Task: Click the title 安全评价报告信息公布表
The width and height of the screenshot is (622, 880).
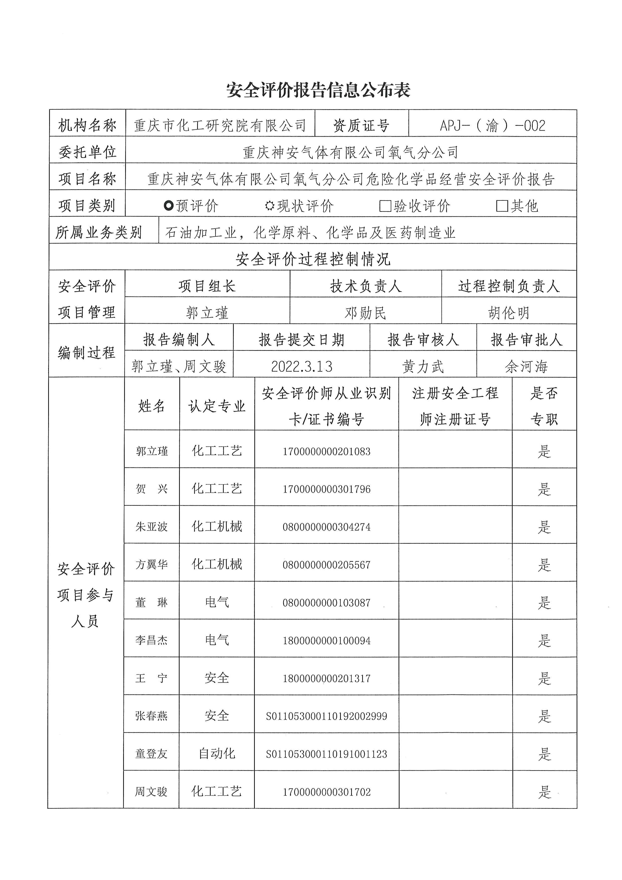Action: pyautogui.click(x=318, y=90)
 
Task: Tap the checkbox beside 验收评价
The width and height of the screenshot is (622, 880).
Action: pyautogui.click(x=384, y=206)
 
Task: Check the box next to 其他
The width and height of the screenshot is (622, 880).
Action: pyautogui.click(x=502, y=206)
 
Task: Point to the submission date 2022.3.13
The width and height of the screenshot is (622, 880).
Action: pyautogui.click(x=301, y=366)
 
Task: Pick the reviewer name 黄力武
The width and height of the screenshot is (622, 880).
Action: pyautogui.click(x=423, y=366)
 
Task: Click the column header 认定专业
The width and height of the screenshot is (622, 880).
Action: pyautogui.click(x=217, y=406)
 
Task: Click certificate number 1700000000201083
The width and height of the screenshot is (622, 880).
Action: pyautogui.click(x=326, y=451)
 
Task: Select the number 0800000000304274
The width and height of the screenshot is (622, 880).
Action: pyautogui.click(x=326, y=527)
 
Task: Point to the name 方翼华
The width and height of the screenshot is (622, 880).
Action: pyautogui.click(x=152, y=565)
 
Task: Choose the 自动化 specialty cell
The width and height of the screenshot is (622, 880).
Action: pyautogui.click(x=217, y=754)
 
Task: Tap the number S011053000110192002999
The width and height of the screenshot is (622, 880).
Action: pyautogui.click(x=326, y=716)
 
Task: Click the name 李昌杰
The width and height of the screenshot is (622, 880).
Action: pyautogui.click(x=152, y=640)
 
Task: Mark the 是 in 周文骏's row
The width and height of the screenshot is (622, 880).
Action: pyautogui.click(x=544, y=792)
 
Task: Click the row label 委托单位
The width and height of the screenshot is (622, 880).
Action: pyautogui.click(x=87, y=152)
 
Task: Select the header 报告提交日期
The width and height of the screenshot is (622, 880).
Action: pyautogui.click(x=301, y=340)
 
